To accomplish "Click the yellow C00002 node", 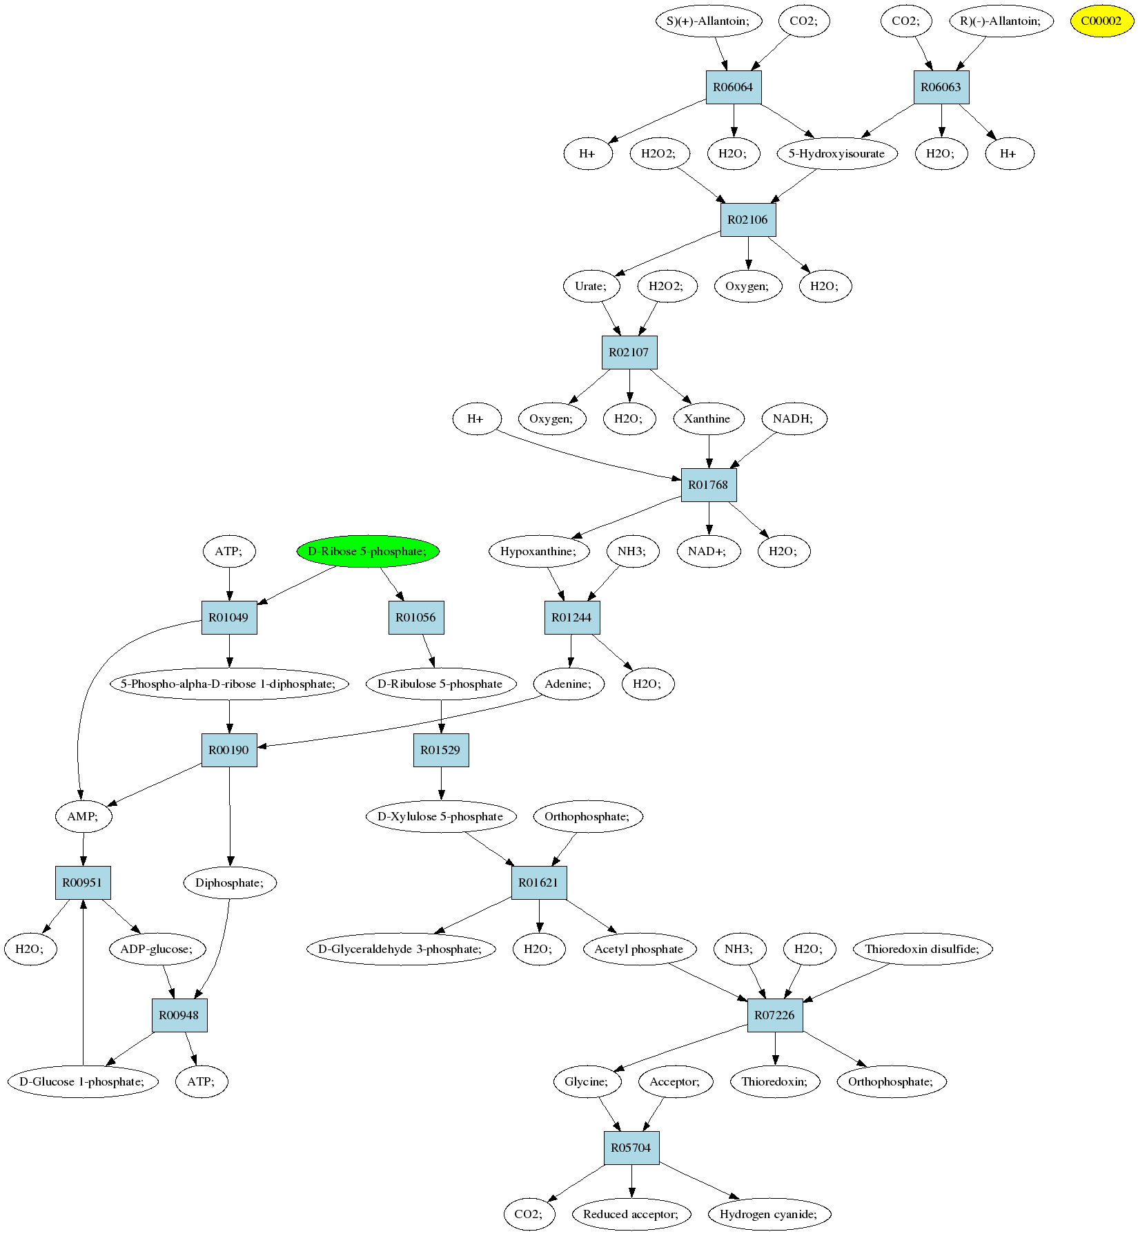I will [x=1101, y=21].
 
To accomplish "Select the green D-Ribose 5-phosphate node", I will [x=368, y=551].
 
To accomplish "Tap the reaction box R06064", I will [x=733, y=87].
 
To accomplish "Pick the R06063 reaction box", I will [x=941, y=87].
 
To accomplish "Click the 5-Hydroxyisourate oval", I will [x=836, y=153].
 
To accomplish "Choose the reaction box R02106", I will [x=747, y=220].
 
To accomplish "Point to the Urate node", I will [x=591, y=286].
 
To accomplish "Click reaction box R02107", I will [x=629, y=352].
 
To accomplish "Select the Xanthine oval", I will [x=708, y=418].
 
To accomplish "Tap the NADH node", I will [x=794, y=418].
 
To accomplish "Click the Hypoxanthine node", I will [x=539, y=551].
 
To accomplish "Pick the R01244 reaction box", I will [x=571, y=617].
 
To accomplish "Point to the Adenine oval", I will [x=569, y=684].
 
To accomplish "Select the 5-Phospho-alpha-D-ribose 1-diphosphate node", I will [x=229, y=684].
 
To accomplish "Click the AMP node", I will [x=84, y=816].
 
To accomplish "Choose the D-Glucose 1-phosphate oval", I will [x=83, y=1081].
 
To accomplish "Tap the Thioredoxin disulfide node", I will [x=922, y=949].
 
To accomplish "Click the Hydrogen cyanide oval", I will [x=769, y=1214].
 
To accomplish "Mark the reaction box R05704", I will [x=631, y=1148].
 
